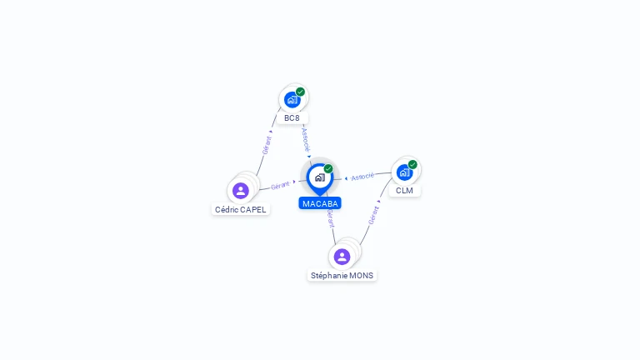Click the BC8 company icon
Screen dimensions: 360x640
tap(292, 100)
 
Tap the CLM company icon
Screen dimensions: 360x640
tap(404, 172)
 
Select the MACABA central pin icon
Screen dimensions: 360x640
tap(319, 177)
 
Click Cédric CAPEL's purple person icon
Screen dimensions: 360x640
tap(241, 191)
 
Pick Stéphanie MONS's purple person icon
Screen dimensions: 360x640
tap(342, 257)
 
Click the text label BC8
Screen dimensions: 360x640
tap(292, 118)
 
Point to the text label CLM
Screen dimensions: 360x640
tap(404, 191)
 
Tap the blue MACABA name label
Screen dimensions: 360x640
tap(320, 203)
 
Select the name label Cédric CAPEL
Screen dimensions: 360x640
tap(241, 210)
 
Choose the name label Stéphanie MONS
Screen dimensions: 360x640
tap(342, 276)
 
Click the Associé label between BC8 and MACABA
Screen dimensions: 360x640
tap(306, 138)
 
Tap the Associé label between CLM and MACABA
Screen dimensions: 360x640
tap(362, 177)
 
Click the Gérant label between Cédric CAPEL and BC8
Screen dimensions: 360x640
tap(267, 145)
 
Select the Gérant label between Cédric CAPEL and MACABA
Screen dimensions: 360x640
tap(280, 185)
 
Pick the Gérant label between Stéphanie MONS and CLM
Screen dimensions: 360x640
tap(373, 215)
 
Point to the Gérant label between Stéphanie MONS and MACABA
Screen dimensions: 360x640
tap(330, 218)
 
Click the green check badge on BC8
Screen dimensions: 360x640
tap(300, 92)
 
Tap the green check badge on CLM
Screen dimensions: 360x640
tap(412, 164)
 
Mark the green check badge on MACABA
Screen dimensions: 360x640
tap(328, 168)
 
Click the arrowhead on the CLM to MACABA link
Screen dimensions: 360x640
tap(346, 178)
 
